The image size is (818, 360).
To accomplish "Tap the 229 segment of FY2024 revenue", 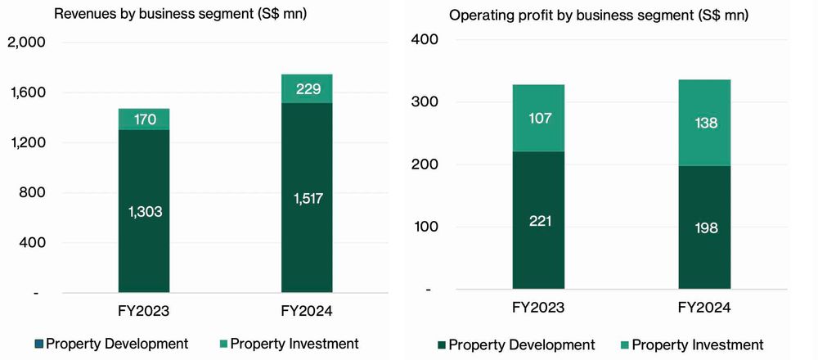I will (x=308, y=89).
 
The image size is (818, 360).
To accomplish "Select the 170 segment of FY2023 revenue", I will (x=143, y=119).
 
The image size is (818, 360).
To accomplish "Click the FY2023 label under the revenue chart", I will (x=143, y=311).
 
